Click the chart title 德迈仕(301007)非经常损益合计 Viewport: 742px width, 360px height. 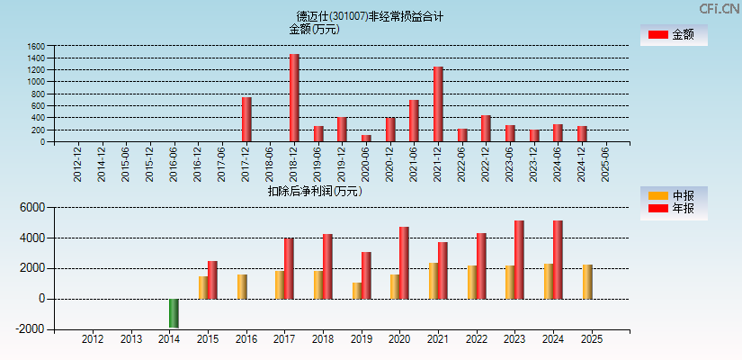click(370, 16)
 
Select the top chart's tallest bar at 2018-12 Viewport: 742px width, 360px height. click(294, 97)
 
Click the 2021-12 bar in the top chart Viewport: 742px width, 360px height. click(438, 103)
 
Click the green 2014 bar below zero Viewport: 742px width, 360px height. click(174, 313)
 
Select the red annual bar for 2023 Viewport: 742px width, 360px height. click(519, 259)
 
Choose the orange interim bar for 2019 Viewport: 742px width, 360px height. click(356, 290)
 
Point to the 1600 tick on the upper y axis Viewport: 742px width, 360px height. click(36, 46)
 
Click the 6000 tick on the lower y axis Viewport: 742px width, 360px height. click(31, 207)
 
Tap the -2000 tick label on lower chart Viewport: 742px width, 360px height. click(30, 329)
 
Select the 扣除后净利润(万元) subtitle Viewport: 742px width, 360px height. click(315, 191)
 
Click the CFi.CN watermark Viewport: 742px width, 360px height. click(719, 8)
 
